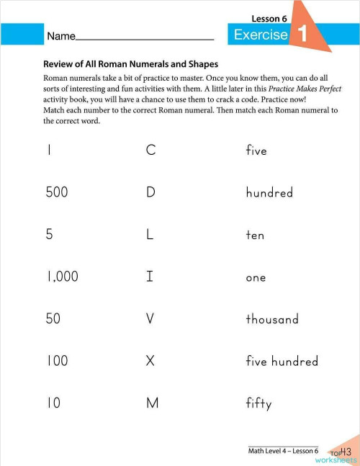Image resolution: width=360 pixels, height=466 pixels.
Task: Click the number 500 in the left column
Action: click(57, 192)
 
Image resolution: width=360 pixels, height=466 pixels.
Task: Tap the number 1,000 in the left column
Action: click(62, 277)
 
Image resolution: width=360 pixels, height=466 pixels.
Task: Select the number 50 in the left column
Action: click(53, 318)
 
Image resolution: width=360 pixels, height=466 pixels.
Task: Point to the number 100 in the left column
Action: click(57, 361)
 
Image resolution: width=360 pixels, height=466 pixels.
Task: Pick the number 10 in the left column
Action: click(53, 403)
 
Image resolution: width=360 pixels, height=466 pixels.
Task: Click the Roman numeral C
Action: click(150, 151)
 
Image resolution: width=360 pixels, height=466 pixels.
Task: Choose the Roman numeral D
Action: click(150, 192)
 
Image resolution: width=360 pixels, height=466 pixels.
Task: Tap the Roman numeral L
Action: click(150, 235)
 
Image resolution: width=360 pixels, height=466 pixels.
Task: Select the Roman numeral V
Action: click(150, 318)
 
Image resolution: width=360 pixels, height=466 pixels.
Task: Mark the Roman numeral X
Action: click(150, 361)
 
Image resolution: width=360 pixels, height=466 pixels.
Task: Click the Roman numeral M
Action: click(151, 403)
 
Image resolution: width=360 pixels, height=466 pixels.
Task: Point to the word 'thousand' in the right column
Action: click(272, 318)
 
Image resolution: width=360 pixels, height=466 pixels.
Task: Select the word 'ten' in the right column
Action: click(255, 235)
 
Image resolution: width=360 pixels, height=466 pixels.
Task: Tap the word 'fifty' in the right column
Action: click(258, 404)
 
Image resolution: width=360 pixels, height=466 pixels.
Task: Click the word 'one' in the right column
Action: click(256, 277)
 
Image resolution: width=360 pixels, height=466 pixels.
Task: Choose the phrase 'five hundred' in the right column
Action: click(282, 361)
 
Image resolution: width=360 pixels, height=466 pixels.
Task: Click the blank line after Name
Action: click(144, 37)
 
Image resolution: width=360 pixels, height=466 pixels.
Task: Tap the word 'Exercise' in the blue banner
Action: click(261, 35)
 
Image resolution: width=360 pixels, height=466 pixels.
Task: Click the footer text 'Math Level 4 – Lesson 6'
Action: click(283, 451)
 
